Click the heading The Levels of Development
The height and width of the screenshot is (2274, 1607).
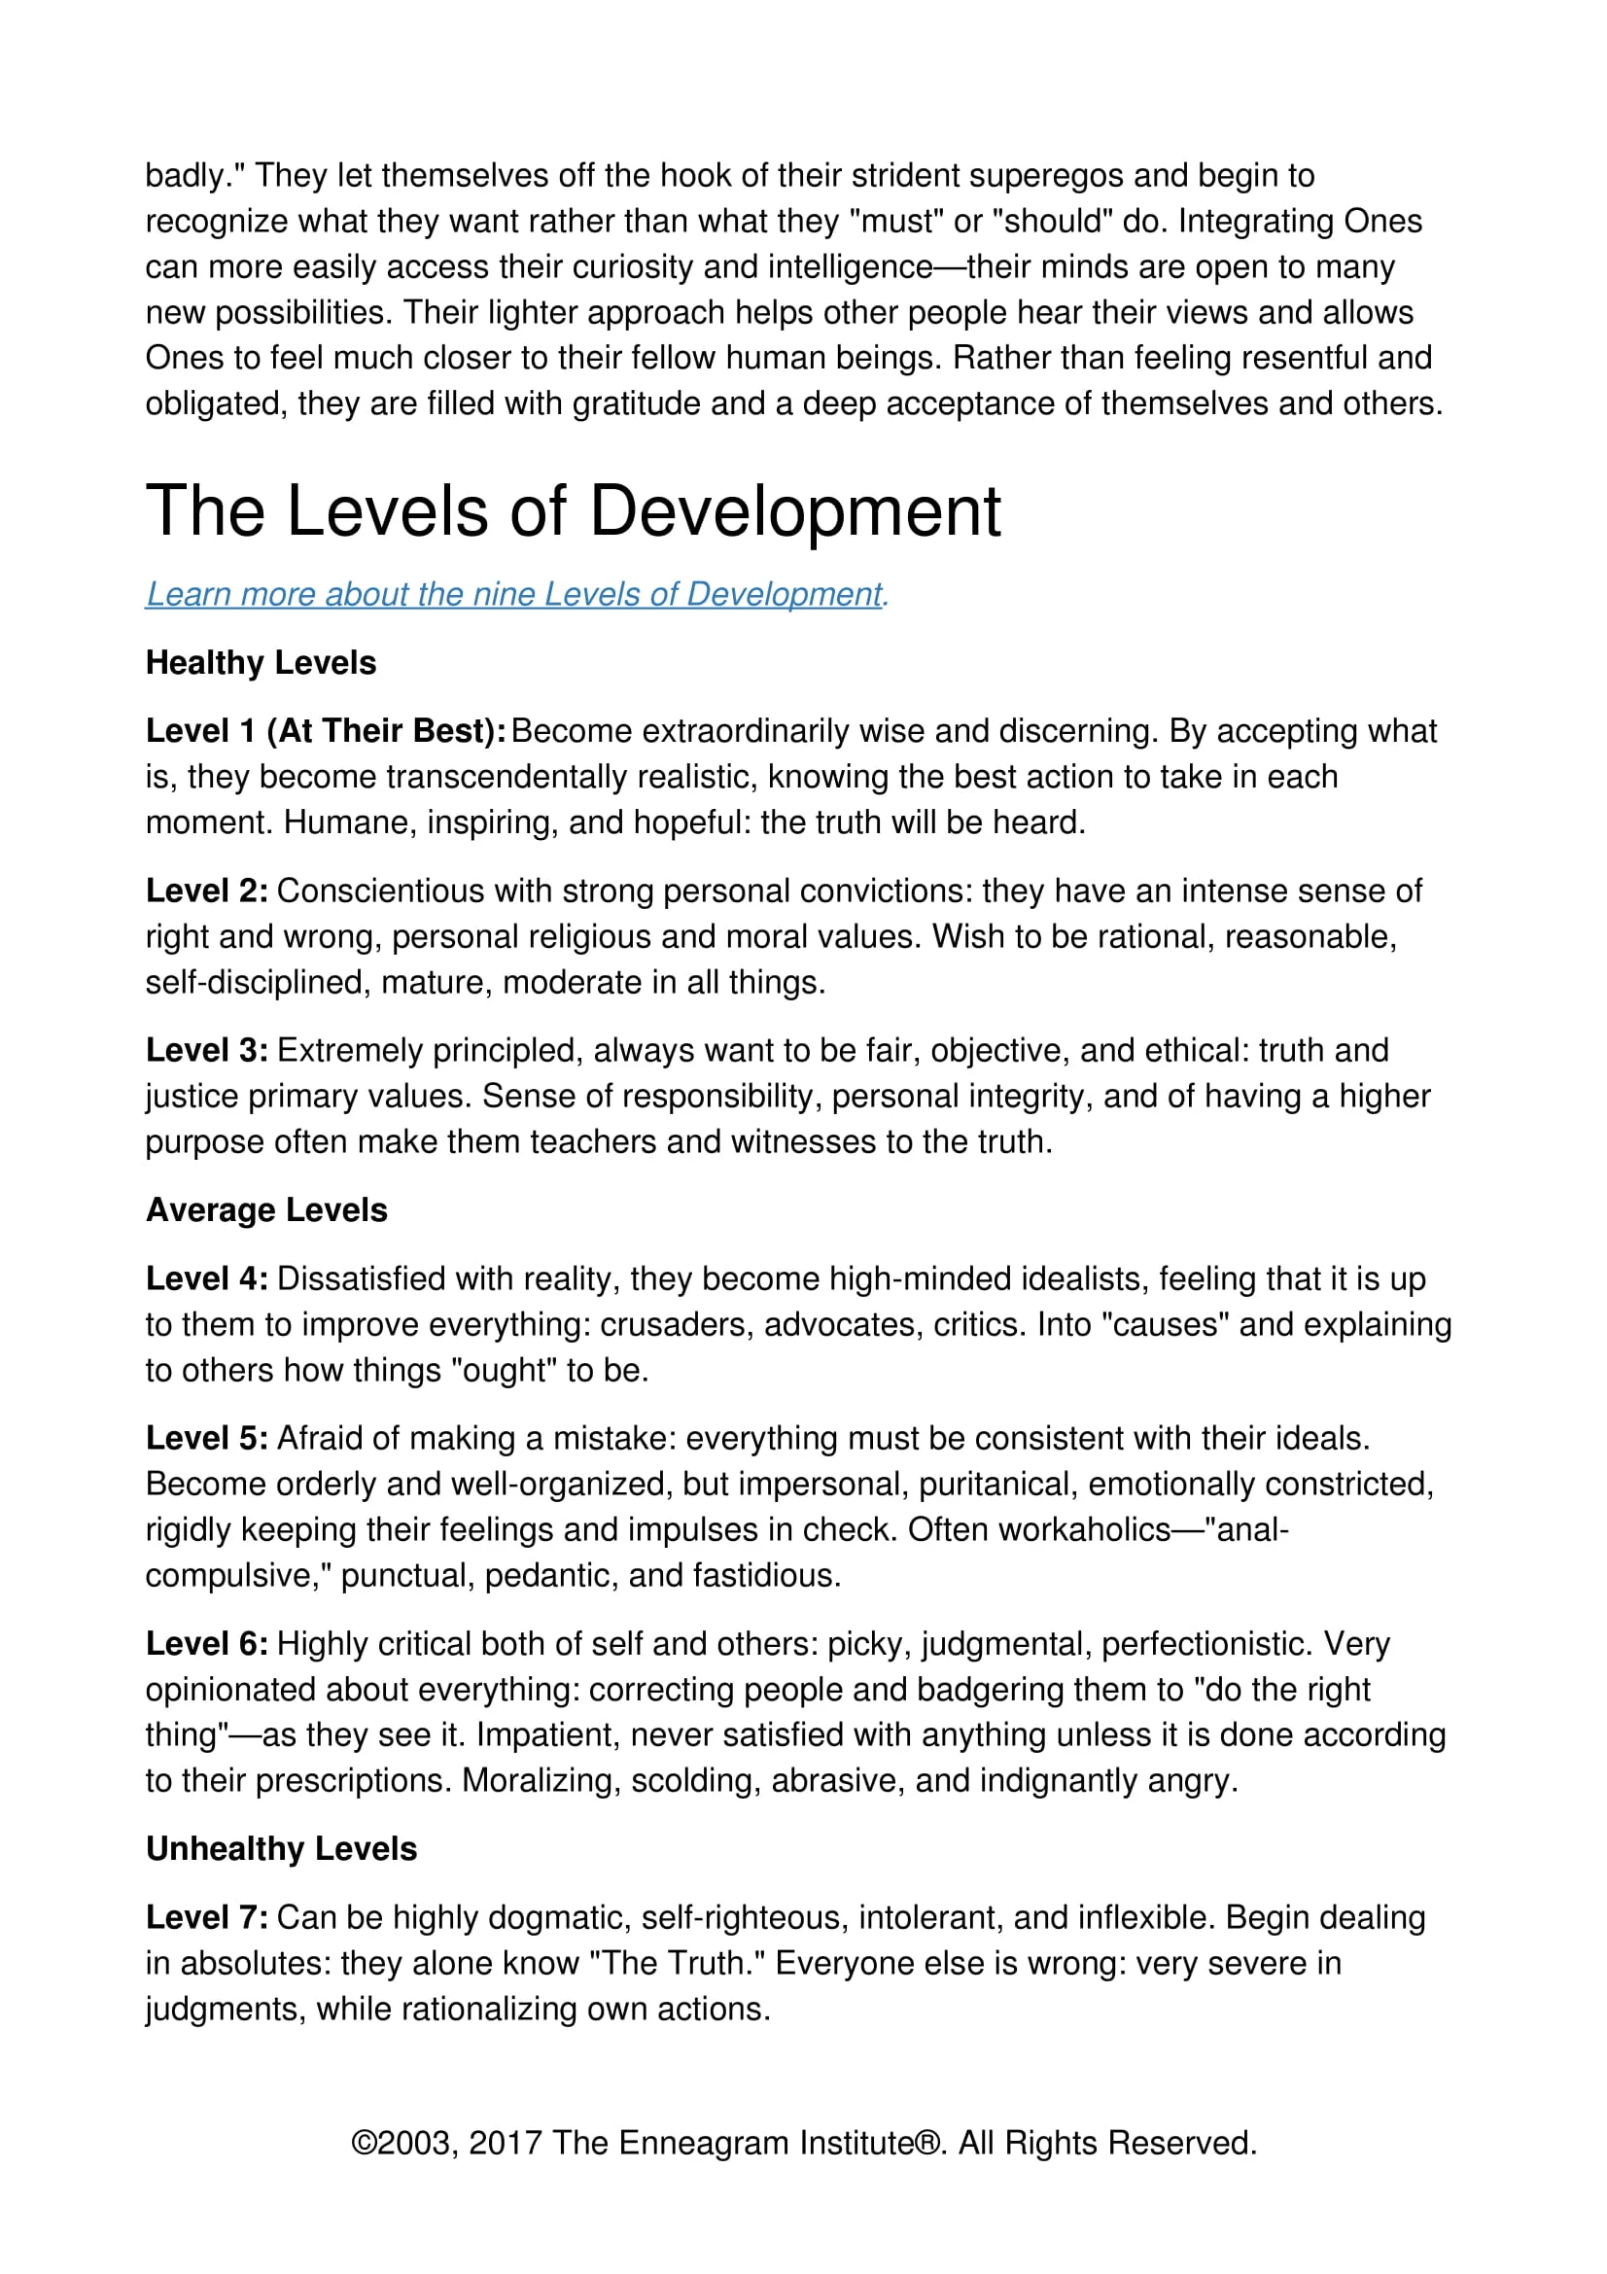pos(574,512)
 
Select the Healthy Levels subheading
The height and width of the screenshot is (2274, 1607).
pos(261,663)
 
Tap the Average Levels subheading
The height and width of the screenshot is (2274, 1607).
pos(266,1210)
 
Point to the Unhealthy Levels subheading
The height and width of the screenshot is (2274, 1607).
pos(281,1849)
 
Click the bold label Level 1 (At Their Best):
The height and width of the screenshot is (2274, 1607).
pos(326,731)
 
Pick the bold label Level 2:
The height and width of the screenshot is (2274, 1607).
pos(207,891)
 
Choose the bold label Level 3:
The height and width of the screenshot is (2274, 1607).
pos(207,1050)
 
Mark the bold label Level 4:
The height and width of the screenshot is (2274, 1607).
pos(207,1278)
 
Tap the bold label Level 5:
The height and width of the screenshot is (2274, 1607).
pos(207,1438)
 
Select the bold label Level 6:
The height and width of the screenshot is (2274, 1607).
pos(207,1643)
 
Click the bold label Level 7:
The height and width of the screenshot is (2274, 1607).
pos(207,1917)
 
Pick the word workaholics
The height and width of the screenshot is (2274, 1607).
pos(1084,1529)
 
